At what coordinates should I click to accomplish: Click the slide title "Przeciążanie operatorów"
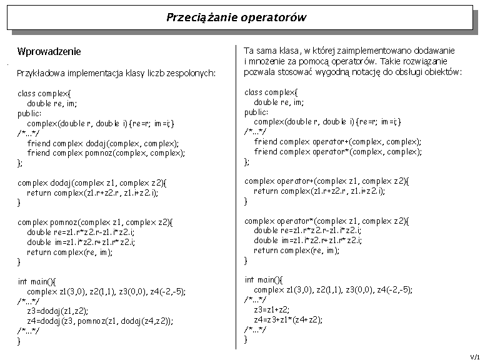coord(236,17)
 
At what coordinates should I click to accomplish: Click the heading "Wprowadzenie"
coord(49,51)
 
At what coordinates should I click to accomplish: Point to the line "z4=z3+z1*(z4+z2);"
coord(288,319)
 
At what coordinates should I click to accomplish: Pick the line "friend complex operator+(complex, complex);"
coord(337,142)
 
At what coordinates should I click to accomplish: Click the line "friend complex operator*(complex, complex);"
coord(337,152)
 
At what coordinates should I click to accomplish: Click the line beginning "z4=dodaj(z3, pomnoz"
coord(100,321)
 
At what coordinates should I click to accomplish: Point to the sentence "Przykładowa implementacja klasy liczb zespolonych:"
coord(116,73)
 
